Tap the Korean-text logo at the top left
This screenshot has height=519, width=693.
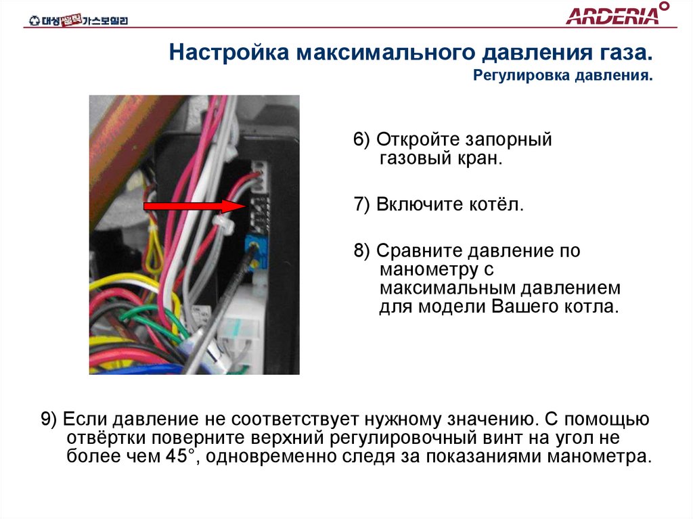(77, 20)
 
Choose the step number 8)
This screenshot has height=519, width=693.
(362, 251)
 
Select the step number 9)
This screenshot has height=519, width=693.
(50, 419)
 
